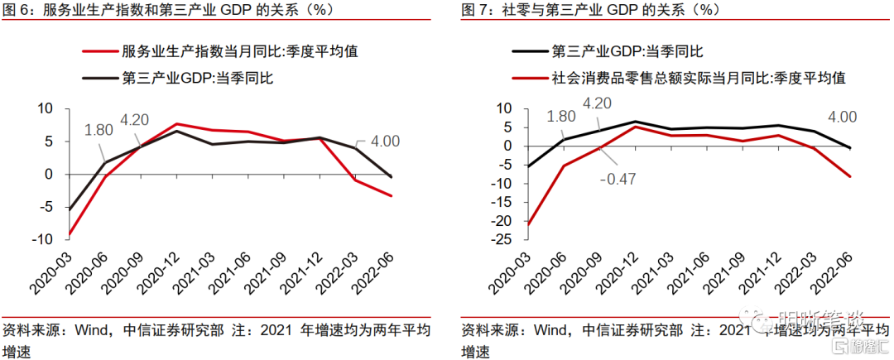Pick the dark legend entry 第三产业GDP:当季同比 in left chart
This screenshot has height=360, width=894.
(197, 79)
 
